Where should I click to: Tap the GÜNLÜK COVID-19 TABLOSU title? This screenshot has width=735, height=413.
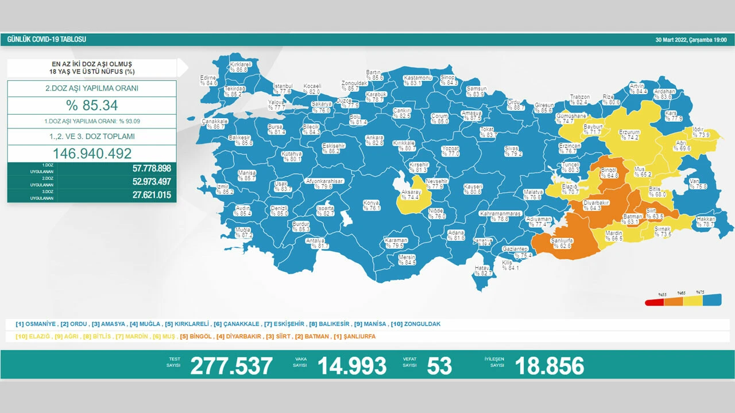tap(47, 40)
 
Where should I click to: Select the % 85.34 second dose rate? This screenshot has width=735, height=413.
tap(92, 106)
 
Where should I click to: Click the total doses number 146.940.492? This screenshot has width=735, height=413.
tap(92, 153)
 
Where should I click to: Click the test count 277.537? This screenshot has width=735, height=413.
tap(231, 365)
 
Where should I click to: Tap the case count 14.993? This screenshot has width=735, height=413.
tap(352, 365)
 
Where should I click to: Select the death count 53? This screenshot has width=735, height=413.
tap(439, 365)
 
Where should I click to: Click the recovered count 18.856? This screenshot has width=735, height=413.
tap(550, 365)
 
